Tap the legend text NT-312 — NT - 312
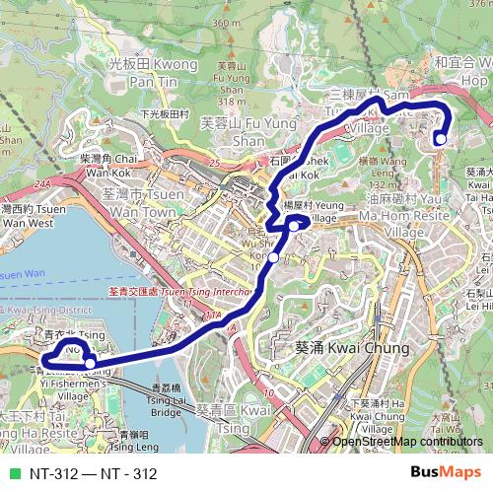pos(94,473)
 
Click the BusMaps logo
pos(446,472)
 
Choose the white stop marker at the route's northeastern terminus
pos(440,139)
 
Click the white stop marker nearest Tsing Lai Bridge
pos(91,364)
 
